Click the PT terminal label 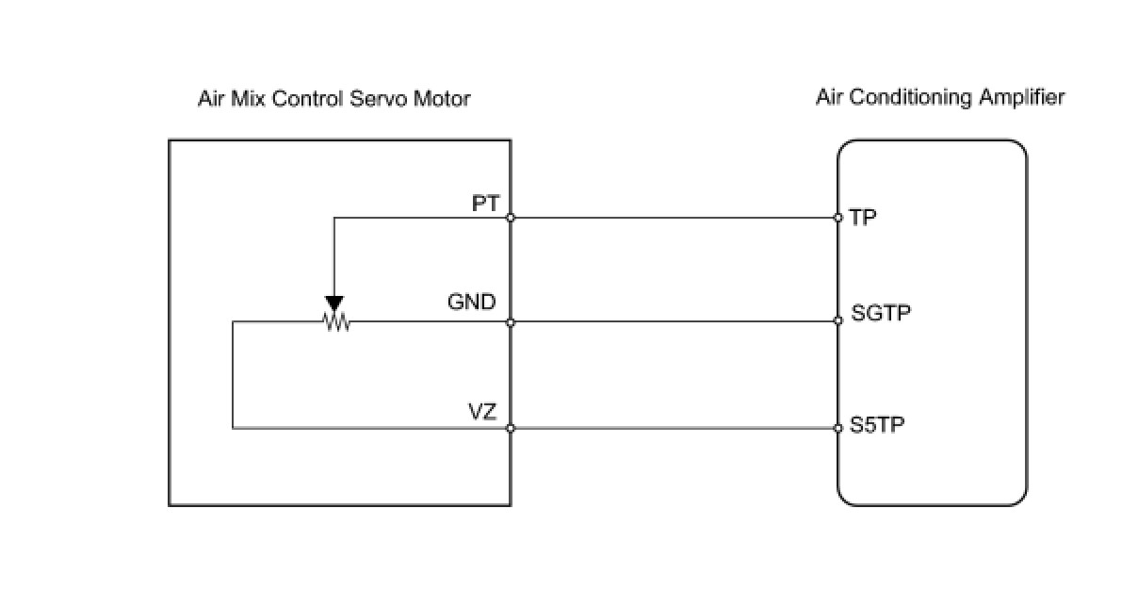tap(486, 204)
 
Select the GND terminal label tap(471, 302)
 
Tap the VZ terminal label tap(482, 412)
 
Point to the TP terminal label tap(863, 218)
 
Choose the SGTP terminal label tap(881, 313)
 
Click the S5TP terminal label tap(877, 425)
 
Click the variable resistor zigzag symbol tap(336, 321)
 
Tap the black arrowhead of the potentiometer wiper tap(334, 303)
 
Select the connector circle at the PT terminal tap(511, 218)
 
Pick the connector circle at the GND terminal tap(511, 322)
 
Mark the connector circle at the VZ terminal tap(511, 428)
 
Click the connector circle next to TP tap(837, 218)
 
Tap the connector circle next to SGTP tap(837, 320)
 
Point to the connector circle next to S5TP tap(837, 428)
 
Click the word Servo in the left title tap(379, 99)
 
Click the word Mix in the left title tap(248, 99)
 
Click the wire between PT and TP tap(675, 218)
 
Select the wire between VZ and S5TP tap(675, 428)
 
